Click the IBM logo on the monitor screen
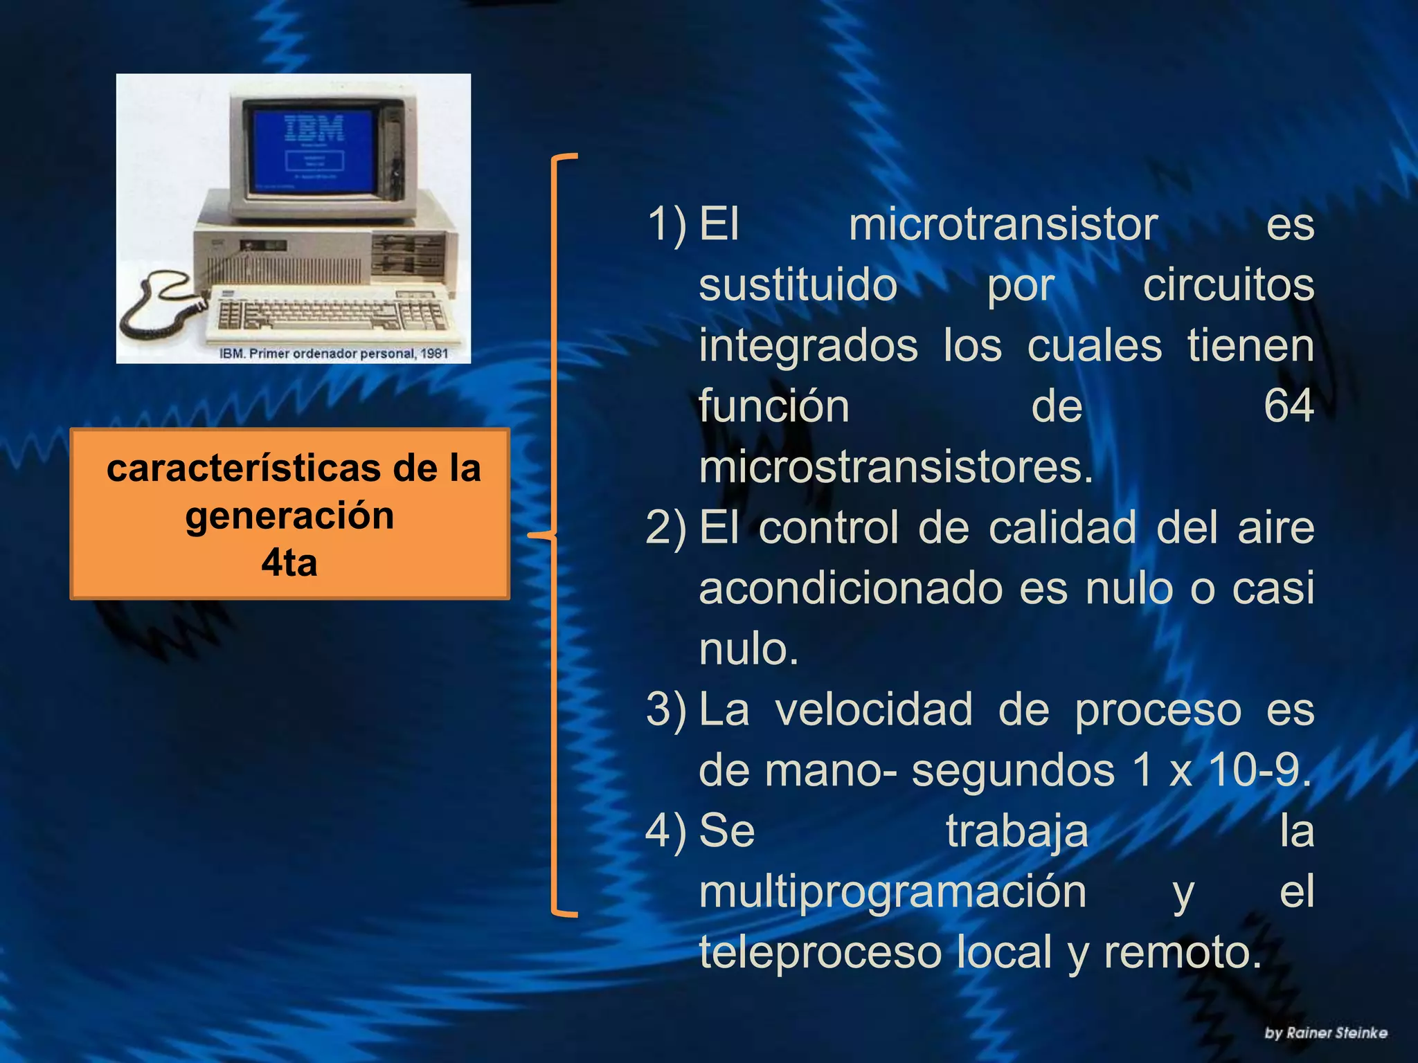[314, 129]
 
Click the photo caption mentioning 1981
[334, 354]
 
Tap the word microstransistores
[895, 467]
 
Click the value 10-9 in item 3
[1259, 770]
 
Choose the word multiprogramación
[892, 892]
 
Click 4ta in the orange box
[289, 563]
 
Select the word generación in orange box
[289, 516]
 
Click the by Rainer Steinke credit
[1325, 1033]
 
